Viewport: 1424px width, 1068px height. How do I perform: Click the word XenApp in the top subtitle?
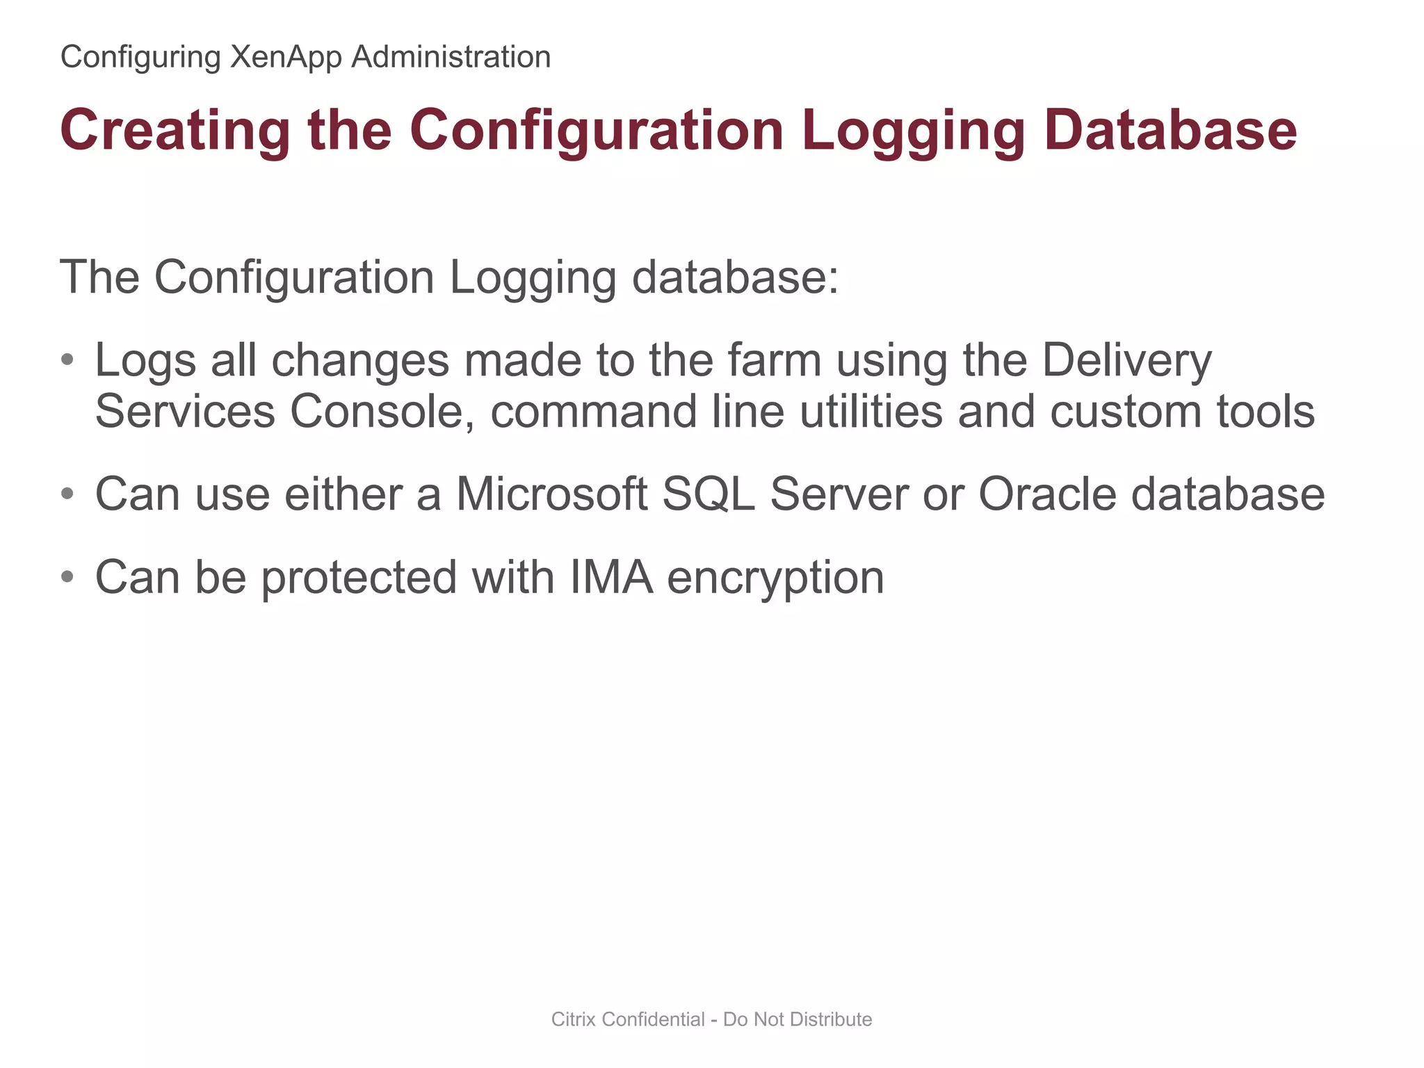(286, 57)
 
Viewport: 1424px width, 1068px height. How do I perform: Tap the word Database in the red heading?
(1170, 131)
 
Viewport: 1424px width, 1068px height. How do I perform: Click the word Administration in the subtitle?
(451, 57)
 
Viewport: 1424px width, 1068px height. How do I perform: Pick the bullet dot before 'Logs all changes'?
(67, 360)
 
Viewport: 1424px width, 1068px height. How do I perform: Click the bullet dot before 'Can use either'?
(67, 494)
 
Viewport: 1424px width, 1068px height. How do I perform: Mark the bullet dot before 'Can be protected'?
(67, 577)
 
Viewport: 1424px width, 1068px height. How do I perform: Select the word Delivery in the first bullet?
(1126, 362)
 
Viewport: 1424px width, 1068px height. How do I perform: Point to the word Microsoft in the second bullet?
(551, 494)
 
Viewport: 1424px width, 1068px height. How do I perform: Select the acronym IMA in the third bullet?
(612, 577)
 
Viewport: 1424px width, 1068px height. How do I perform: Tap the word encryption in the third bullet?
(775, 578)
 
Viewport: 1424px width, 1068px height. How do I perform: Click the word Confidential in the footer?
(654, 1019)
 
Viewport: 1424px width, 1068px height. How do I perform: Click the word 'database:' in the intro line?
(735, 277)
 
